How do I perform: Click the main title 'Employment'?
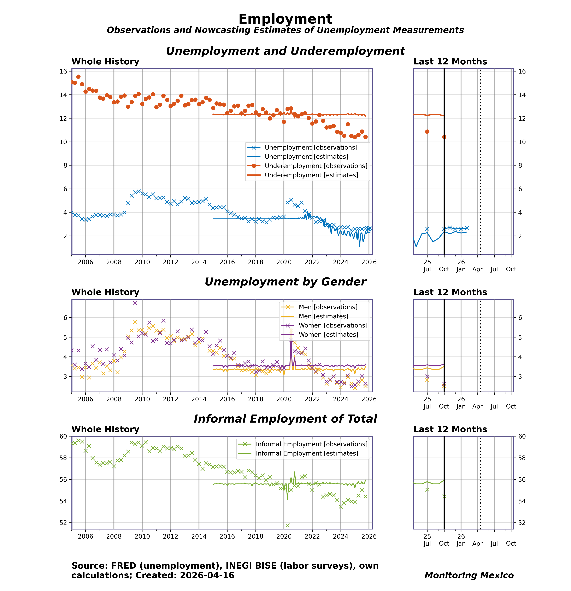pos(285,19)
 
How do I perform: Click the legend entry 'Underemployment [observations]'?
pos(316,166)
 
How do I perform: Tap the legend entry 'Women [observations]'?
pos(333,325)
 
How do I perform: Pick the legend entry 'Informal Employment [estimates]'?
pos(307,453)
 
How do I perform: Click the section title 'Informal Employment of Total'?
pos(285,419)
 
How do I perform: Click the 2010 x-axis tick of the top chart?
pos(142,262)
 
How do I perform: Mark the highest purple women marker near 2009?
pos(135,303)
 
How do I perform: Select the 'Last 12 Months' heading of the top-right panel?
pos(450,62)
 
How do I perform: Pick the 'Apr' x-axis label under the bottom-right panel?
pos(477,543)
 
